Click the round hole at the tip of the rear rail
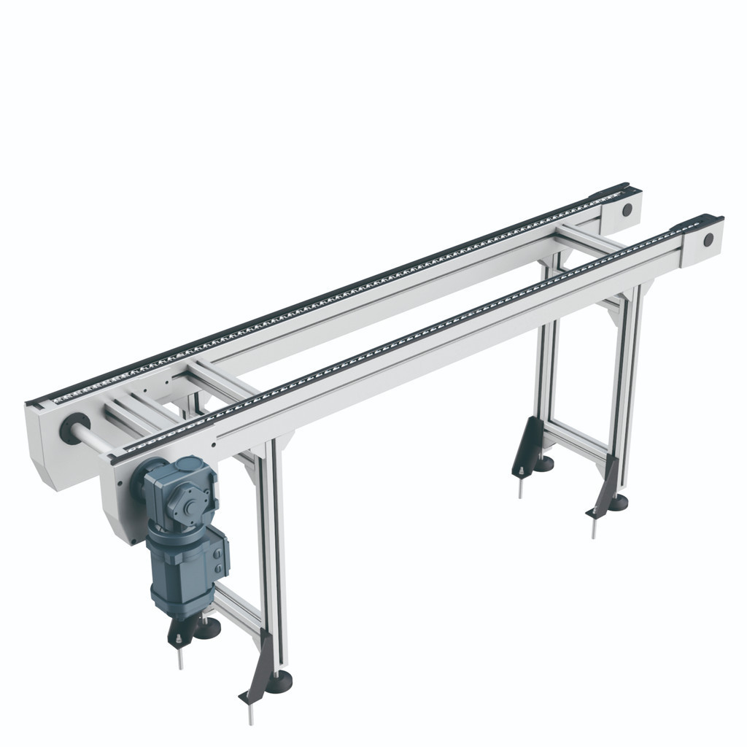click(627, 210)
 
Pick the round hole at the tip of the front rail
click(707, 240)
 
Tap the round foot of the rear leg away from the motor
click(543, 462)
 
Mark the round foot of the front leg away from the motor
click(619, 501)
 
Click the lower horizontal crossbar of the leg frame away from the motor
click(576, 441)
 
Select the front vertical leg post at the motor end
click(276, 554)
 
